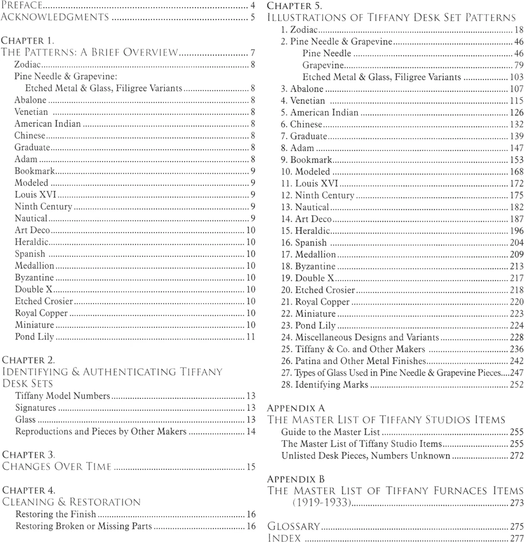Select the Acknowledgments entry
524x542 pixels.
[53, 18]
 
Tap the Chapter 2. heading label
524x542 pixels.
[28, 359]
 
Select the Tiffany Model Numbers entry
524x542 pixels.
[63, 396]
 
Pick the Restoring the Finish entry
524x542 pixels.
[56, 514]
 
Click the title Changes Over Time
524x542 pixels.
[57, 466]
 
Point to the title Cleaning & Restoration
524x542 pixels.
[71, 502]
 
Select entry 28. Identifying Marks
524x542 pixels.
[324, 385]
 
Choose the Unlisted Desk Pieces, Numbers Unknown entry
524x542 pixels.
[365, 456]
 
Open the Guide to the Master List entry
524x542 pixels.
[330, 432]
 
